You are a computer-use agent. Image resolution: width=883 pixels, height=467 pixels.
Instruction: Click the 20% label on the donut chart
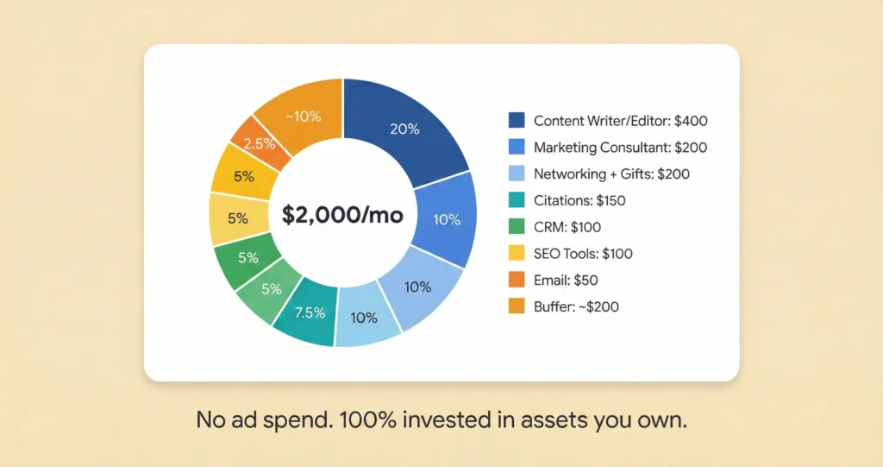(404, 129)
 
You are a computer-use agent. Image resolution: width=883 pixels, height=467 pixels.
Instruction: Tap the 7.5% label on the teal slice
(310, 312)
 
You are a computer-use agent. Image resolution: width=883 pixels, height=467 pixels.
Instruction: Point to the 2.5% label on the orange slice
(259, 144)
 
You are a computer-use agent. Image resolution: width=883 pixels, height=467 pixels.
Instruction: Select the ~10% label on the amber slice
(303, 117)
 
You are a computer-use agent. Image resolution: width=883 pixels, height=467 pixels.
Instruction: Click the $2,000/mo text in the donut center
(342, 214)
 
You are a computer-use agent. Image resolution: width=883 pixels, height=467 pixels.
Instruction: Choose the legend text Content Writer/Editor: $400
(620, 121)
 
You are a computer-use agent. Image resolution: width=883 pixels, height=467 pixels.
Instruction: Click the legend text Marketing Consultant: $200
(620, 148)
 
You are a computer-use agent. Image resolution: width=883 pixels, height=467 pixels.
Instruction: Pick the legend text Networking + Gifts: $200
(611, 174)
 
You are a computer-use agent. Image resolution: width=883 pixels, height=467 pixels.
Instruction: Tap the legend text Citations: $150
(579, 201)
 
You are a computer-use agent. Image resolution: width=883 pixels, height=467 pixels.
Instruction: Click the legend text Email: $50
(566, 281)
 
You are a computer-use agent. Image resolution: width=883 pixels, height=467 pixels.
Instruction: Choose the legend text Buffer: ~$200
(576, 307)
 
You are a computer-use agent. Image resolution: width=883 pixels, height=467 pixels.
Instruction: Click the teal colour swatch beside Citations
(517, 201)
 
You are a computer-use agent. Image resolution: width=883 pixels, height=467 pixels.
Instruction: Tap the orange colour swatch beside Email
(517, 281)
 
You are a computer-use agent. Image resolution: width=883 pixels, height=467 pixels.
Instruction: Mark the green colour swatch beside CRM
(517, 227)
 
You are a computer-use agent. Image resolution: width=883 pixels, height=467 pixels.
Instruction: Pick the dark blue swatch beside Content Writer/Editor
(517, 121)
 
